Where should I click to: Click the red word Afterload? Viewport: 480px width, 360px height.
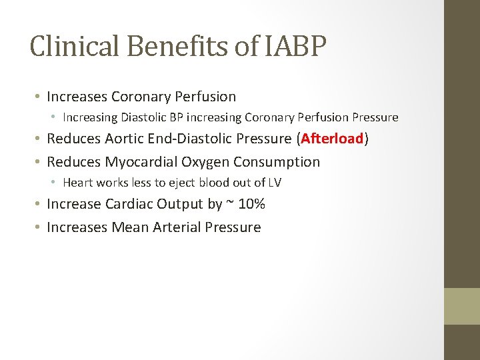(x=332, y=139)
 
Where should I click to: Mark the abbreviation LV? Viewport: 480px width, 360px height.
(x=274, y=183)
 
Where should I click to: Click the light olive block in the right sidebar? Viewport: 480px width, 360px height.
(x=462, y=306)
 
